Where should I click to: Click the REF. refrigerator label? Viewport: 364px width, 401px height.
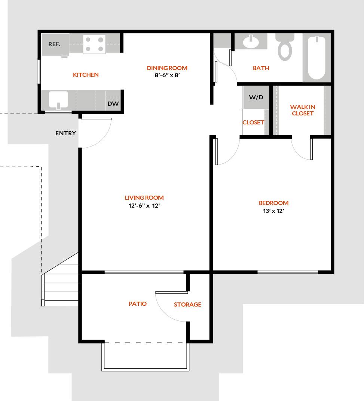pos(54,44)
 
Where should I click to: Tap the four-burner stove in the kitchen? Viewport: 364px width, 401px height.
pos(94,44)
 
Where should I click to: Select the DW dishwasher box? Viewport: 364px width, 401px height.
pos(113,104)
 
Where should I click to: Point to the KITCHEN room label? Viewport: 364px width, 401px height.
pos(86,75)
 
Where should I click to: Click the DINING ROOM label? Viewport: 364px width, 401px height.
pos(167,68)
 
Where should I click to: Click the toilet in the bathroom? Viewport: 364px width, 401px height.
pos(285,47)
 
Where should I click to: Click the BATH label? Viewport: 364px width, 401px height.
pos(261,68)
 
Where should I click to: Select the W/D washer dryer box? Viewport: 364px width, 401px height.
pos(256,97)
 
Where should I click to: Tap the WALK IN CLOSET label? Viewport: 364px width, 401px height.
pos(302,110)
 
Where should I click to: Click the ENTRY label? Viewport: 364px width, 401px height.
pos(65,133)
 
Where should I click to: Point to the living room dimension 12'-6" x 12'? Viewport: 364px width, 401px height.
pos(144,205)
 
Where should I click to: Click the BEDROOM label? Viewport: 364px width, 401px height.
pos(273,203)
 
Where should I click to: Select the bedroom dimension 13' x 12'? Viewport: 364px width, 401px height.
pos(273,211)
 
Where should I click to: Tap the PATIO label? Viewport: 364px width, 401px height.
pos(137,304)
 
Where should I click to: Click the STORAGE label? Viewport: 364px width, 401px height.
pos(187,304)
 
